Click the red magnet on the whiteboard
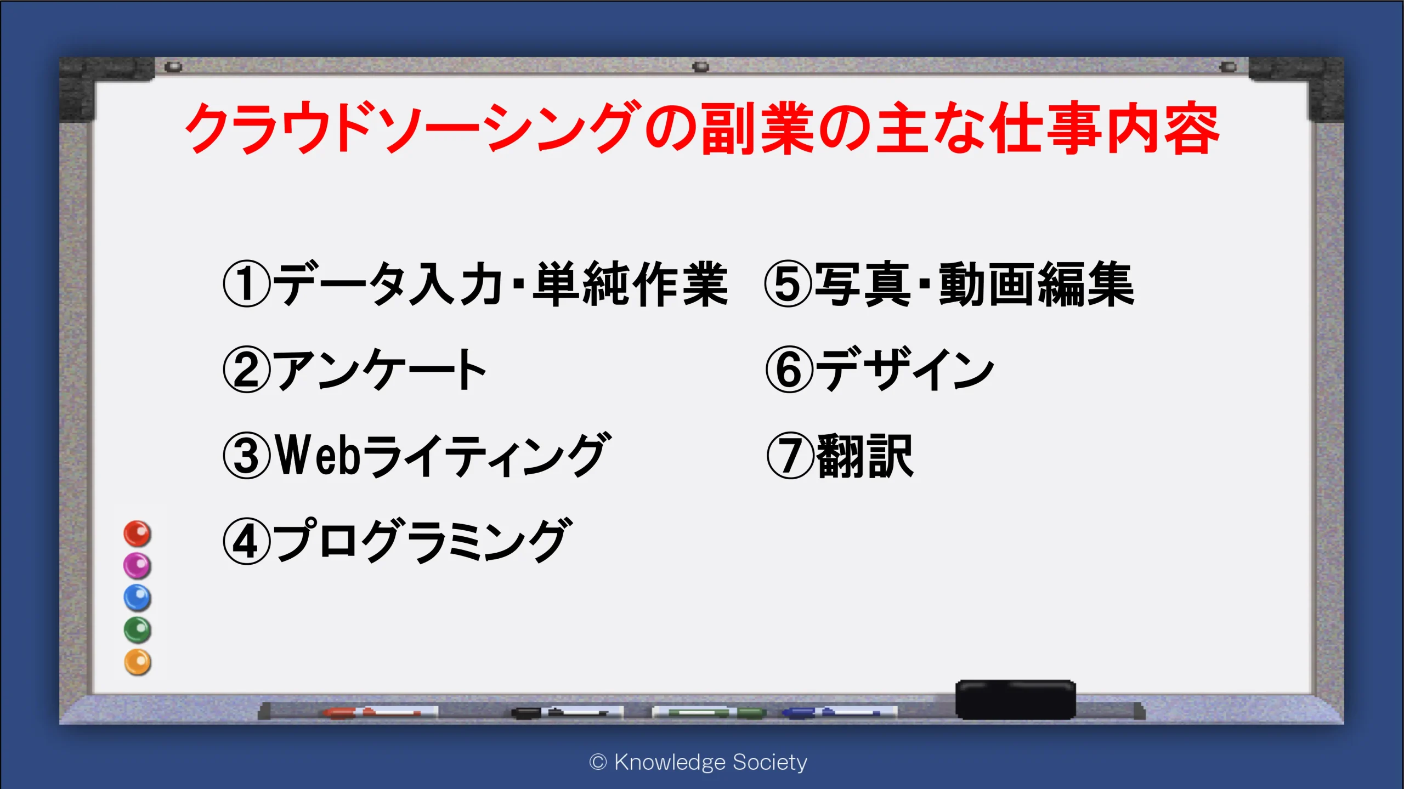point(137,533)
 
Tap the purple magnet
point(137,566)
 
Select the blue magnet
point(137,598)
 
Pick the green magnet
point(137,630)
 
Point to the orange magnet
point(137,662)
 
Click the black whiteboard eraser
point(1015,699)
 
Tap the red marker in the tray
point(380,712)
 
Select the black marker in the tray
point(567,712)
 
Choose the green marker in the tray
point(709,712)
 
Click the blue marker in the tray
point(839,712)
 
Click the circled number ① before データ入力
point(247,283)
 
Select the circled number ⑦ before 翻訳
point(790,456)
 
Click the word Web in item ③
point(318,455)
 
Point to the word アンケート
point(381,370)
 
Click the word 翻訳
point(865,456)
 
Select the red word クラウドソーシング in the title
point(412,128)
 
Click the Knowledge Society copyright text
point(698,762)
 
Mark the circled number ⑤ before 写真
point(788,283)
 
